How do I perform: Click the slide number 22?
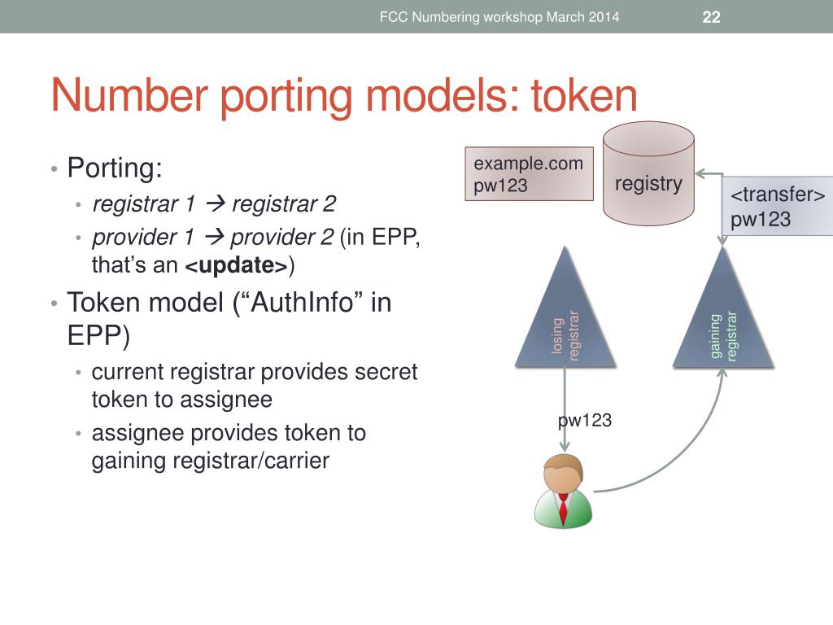coord(711,17)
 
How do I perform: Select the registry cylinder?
coord(648,174)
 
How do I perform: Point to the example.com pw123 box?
coord(529,174)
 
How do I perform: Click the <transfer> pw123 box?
coord(777,208)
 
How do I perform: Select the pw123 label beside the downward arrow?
coord(584,421)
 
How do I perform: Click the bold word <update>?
coord(237,266)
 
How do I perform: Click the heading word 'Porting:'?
coord(115,168)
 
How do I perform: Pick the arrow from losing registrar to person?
coord(565,407)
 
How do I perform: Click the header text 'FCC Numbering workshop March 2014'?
coord(499,17)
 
